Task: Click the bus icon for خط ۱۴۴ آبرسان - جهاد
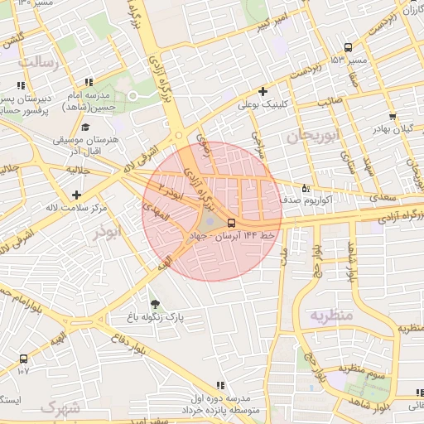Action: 231,223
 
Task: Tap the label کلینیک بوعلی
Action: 263,105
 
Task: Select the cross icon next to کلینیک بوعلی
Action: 263,91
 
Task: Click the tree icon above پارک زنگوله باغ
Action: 154,303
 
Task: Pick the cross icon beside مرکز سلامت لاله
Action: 77,194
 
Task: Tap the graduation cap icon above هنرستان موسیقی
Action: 86,127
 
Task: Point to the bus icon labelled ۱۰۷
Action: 22,359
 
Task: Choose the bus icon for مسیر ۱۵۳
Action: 347,47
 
